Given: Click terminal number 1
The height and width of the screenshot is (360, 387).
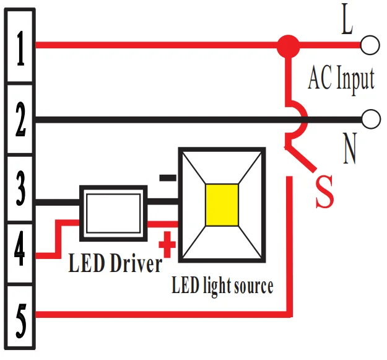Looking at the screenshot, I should [x=20, y=50].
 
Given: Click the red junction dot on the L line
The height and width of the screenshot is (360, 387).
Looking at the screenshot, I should [x=287, y=45].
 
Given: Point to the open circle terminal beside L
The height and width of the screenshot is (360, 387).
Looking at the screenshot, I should [x=370, y=45].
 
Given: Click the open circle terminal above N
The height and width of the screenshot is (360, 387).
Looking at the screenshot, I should [x=370, y=118].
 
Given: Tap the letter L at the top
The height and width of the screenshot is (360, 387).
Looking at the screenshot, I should [x=347, y=23].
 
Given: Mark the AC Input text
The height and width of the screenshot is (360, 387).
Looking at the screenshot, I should [x=341, y=79].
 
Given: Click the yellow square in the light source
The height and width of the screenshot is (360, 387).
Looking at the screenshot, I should [x=222, y=205].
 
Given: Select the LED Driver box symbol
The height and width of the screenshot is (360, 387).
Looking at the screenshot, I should [x=113, y=212].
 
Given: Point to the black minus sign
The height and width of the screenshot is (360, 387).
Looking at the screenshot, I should [x=167, y=178].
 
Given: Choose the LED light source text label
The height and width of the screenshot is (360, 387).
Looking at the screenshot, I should [x=222, y=286].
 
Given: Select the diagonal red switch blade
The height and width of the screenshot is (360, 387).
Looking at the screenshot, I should [x=302, y=157].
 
